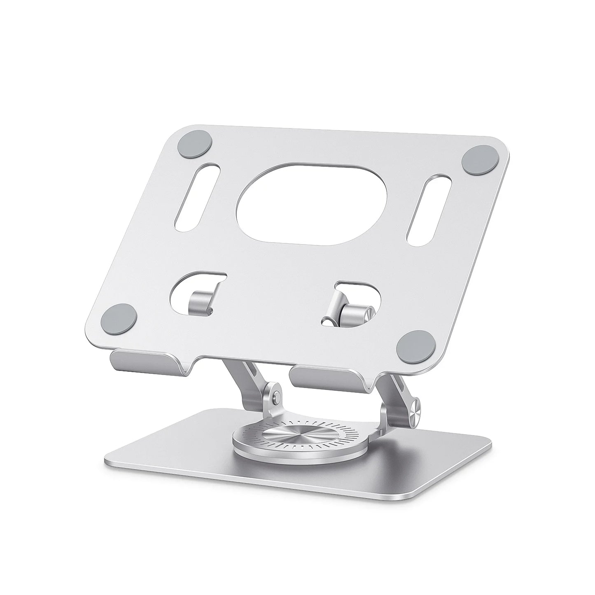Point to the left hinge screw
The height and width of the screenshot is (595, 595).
(275, 396)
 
